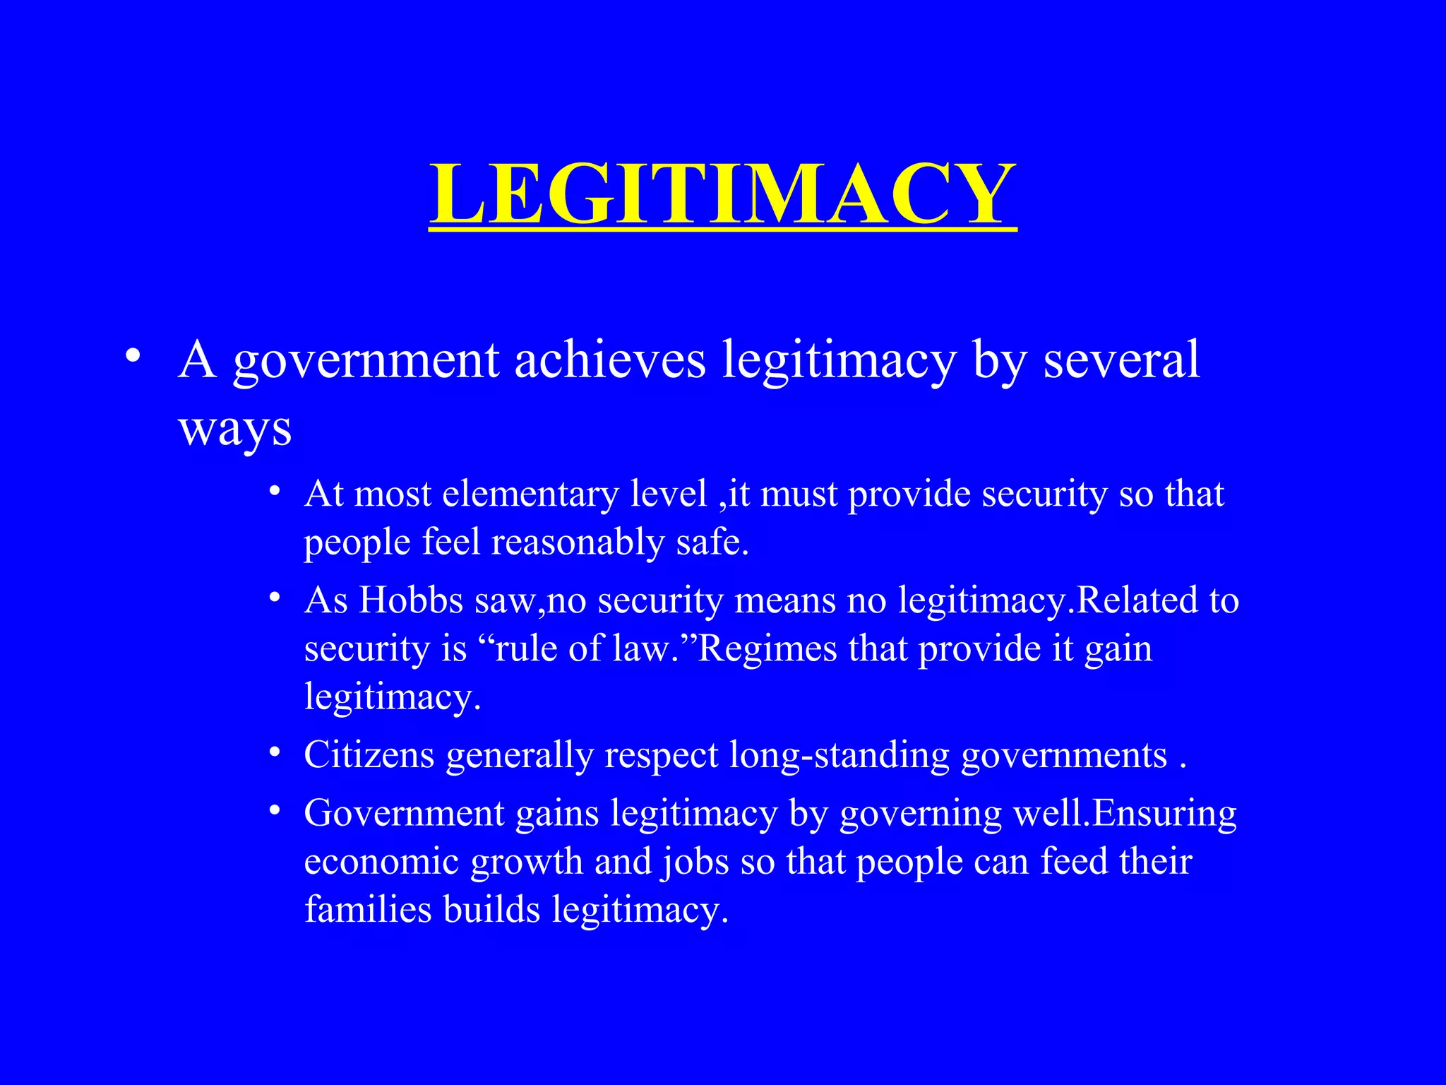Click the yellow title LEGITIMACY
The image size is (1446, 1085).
point(722,194)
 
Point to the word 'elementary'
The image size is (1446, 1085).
point(530,494)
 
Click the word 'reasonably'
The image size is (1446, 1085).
point(578,542)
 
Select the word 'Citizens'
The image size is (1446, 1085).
point(369,755)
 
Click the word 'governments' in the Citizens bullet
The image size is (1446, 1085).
point(1064,755)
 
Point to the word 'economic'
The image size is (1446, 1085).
point(381,862)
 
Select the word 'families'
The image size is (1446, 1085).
point(367,909)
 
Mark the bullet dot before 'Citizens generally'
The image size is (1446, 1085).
point(275,754)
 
